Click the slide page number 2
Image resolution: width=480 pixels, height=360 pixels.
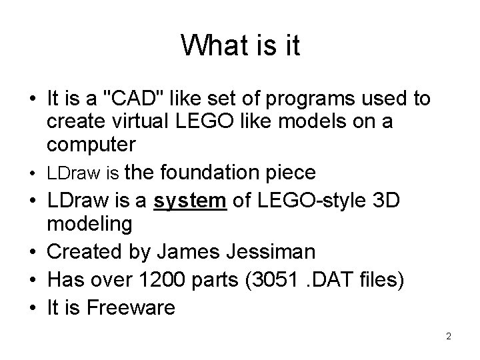point(449,336)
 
